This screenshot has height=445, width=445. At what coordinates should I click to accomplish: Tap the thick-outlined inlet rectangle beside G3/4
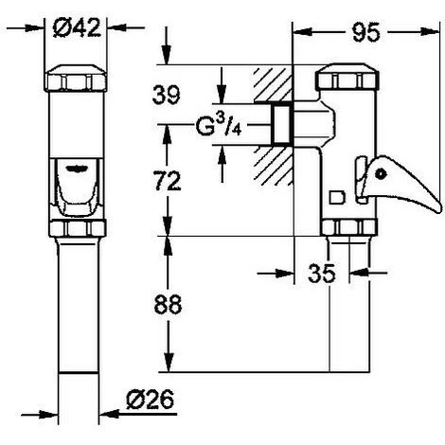[x=280, y=123]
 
